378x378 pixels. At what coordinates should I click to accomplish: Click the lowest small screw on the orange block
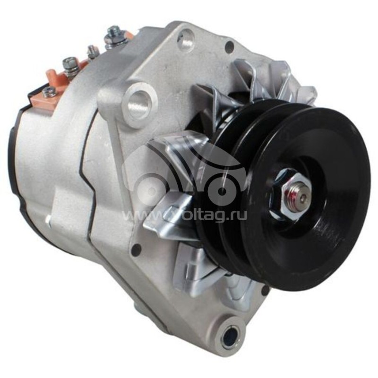(49, 92)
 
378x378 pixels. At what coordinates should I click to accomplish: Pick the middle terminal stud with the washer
(71, 66)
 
